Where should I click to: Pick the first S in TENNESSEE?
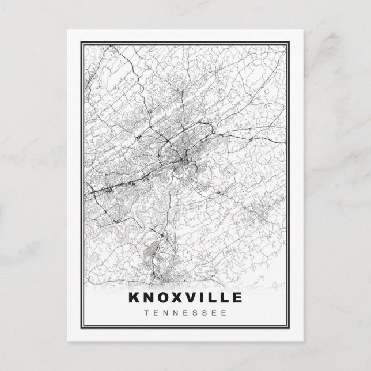194,313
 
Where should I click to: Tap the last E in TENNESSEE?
224,313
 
